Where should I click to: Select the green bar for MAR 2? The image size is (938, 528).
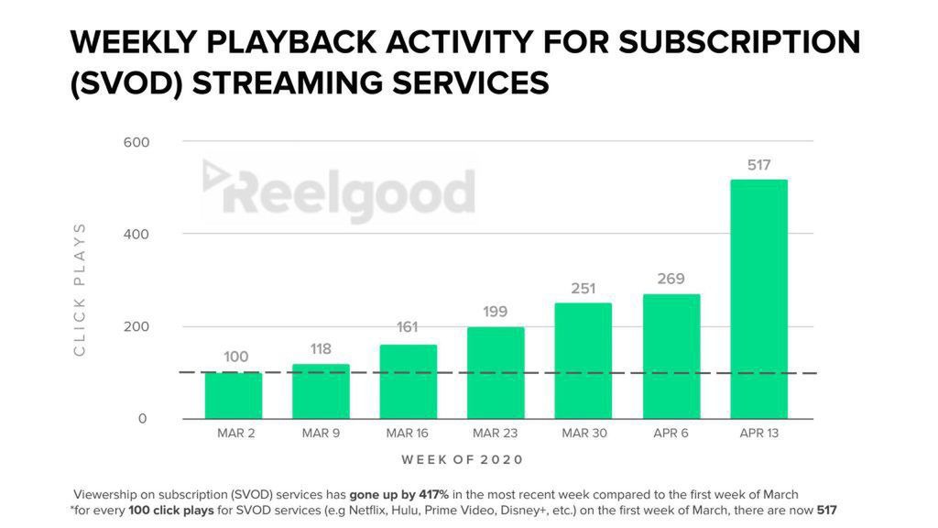click(233, 395)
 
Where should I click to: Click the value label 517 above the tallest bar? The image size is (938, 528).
click(758, 166)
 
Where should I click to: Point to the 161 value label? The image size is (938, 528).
click(408, 325)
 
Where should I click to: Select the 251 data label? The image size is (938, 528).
click(584, 288)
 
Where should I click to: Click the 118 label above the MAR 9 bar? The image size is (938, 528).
click(321, 348)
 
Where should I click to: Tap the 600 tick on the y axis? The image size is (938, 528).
click(136, 142)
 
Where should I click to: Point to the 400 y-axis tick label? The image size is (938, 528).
click(136, 235)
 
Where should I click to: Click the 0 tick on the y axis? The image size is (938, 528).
click(142, 419)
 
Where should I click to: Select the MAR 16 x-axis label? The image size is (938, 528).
click(408, 434)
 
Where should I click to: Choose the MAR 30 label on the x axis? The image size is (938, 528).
click(584, 434)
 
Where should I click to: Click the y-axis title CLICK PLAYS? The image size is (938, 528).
click(80, 289)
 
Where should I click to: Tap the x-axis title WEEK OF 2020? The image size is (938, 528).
click(463, 459)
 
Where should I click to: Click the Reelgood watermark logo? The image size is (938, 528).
click(339, 192)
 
